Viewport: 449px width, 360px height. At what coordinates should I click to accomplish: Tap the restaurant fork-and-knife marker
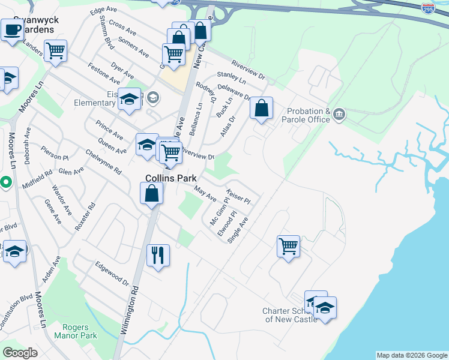[158, 255]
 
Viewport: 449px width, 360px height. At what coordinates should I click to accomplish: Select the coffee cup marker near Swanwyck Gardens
[12, 29]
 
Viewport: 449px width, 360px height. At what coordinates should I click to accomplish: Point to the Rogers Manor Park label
[80, 331]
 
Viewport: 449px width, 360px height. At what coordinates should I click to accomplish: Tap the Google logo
[20, 353]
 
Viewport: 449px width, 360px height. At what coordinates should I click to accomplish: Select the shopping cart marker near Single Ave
[288, 246]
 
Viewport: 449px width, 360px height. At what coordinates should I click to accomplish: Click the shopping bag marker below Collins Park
[152, 194]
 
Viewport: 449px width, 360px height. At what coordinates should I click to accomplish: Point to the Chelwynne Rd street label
[103, 162]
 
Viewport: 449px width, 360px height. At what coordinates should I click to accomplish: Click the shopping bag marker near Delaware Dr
[261, 109]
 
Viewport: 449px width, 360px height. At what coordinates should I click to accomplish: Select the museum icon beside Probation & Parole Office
[339, 113]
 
